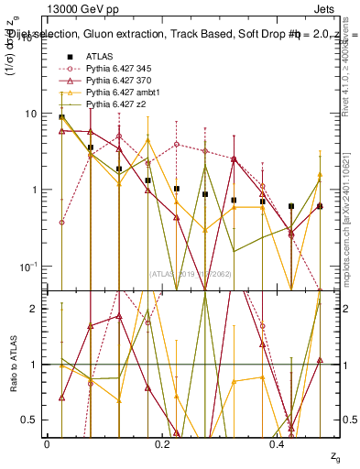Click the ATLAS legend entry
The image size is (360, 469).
point(101,56)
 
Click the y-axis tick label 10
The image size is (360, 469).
point(31,114)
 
